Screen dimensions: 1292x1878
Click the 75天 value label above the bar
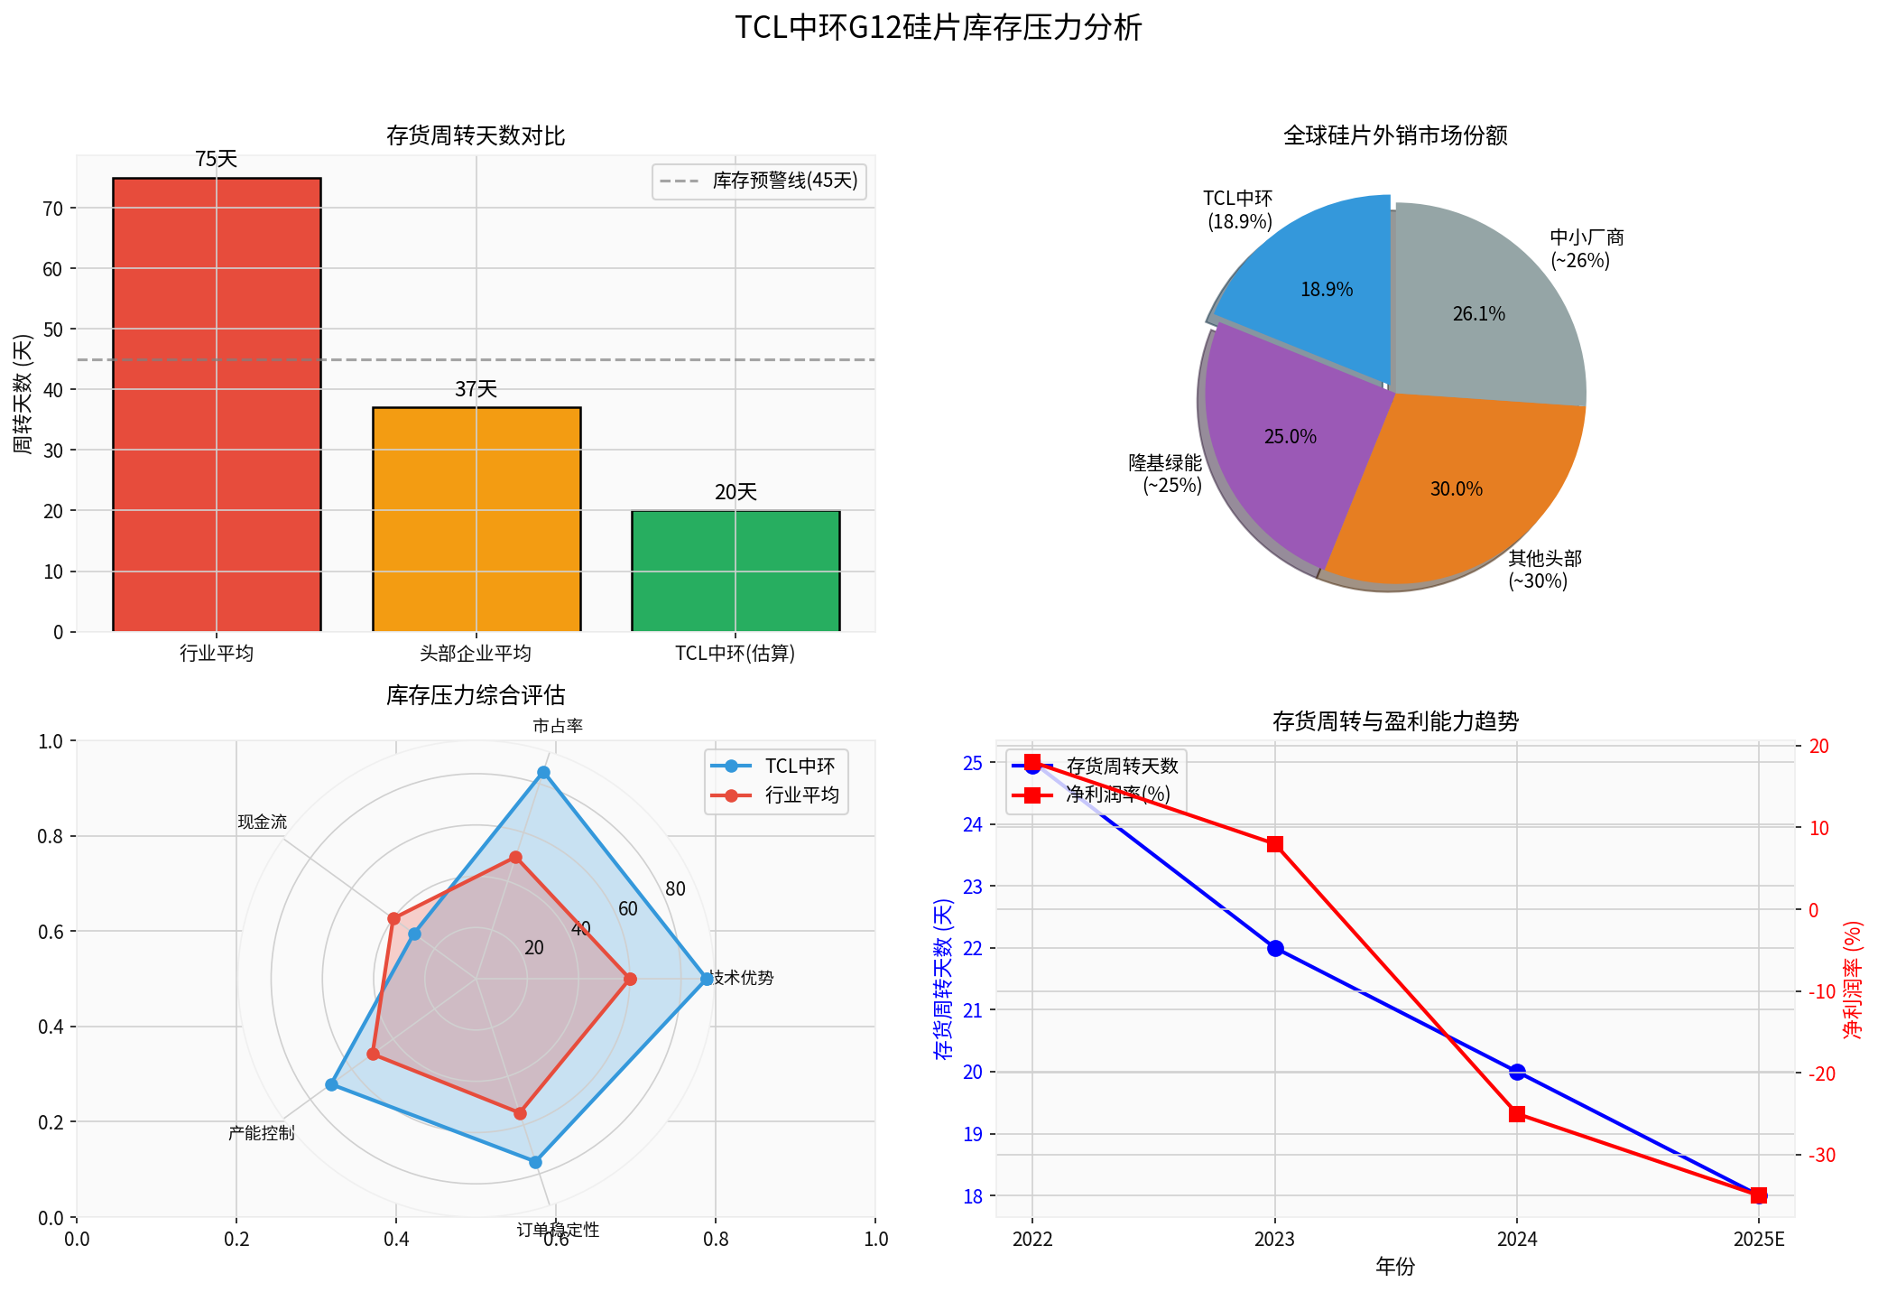tap(217, 160)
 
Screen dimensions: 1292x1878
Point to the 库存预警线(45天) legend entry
tap(759, 181)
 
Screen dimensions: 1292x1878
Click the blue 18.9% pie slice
tap(1318, 280)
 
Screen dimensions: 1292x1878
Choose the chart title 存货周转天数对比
tap(476, 136)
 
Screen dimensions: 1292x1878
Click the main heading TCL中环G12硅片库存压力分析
tap(939, 28)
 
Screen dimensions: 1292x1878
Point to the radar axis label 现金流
tap(263, 822)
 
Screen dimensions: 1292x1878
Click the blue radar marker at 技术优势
tap(707, 979)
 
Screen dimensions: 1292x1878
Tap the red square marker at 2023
tap(1275, 844)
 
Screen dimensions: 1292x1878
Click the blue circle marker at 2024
tap(1517, 1072)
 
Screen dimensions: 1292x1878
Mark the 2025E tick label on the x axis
tap(1758, 1240)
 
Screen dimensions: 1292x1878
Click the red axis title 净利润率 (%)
tap(1852, 980)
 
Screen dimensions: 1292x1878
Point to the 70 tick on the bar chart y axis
tap(53, 209)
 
